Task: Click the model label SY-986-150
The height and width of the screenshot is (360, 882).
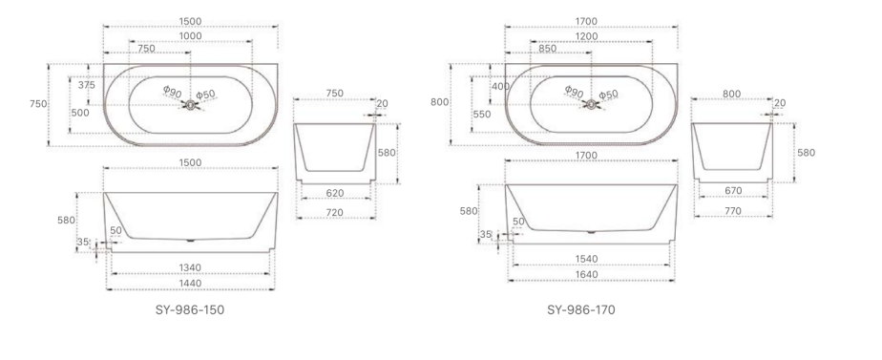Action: tap(190, 310)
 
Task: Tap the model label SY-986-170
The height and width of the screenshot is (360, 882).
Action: tap(588, 310)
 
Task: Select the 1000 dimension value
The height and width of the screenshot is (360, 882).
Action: tap(191, 36)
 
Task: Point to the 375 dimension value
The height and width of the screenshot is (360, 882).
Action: tap(86, 85)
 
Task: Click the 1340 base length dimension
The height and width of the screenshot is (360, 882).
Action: tap(190, 266)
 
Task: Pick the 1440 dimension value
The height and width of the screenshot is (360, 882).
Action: tap(190, 284)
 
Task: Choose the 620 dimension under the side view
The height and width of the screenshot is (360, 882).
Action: tap(334, 194)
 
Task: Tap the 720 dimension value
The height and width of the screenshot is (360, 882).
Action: tap(334, 212)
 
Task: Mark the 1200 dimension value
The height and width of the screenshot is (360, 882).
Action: tap(587, 36)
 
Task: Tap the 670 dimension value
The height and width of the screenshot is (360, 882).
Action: tap(734, 191)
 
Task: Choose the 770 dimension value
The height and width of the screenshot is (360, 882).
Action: tap(734, 208)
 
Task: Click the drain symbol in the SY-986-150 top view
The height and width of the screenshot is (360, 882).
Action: tap(189, 103)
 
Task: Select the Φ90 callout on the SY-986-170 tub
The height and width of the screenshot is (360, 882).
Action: tap(574, 91)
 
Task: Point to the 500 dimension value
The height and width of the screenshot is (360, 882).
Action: tap(80, 113)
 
